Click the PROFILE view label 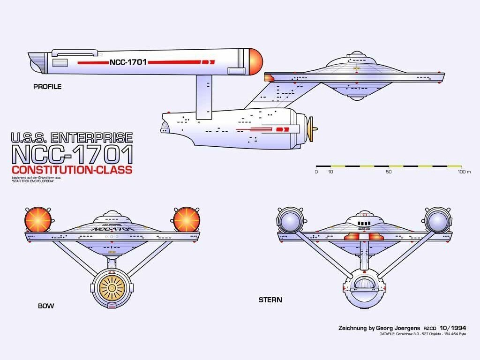pyautogui.click(x=47, y=87)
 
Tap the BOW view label pyautogui.click(x=46, y=306)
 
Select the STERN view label pyautogui.click(x=270, y=300)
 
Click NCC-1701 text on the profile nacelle pyautogui.click(x=128, y=62)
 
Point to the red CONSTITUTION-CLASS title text pyautogui.click(x=72, y=170)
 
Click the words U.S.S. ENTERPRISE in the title pyautogui.click(x=72, y=137)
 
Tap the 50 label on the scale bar pyautogui.click(x=388, y=172)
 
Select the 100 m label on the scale pyautogui.click(x=464, y=172)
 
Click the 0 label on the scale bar pyautogui.click(x=316, y=172)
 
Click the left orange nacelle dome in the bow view pyautogui.click(x=38, y=220)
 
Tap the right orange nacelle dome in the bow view pyautogui.click(x=187, y=220)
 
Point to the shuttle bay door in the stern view pyautogui.click(x=364, y=283)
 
